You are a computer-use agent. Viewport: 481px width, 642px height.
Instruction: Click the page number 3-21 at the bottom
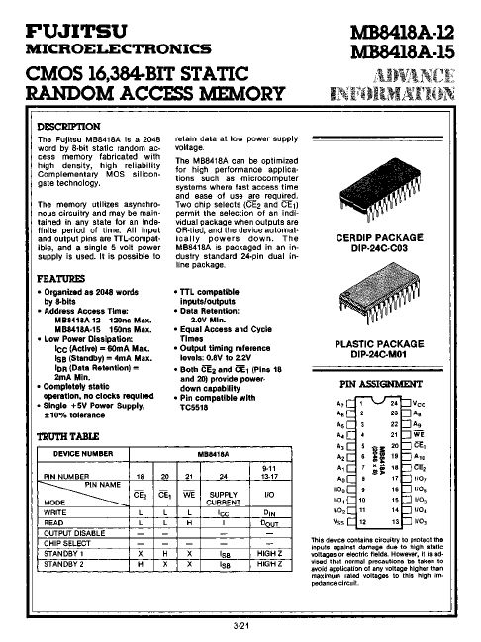coord(240,626)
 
